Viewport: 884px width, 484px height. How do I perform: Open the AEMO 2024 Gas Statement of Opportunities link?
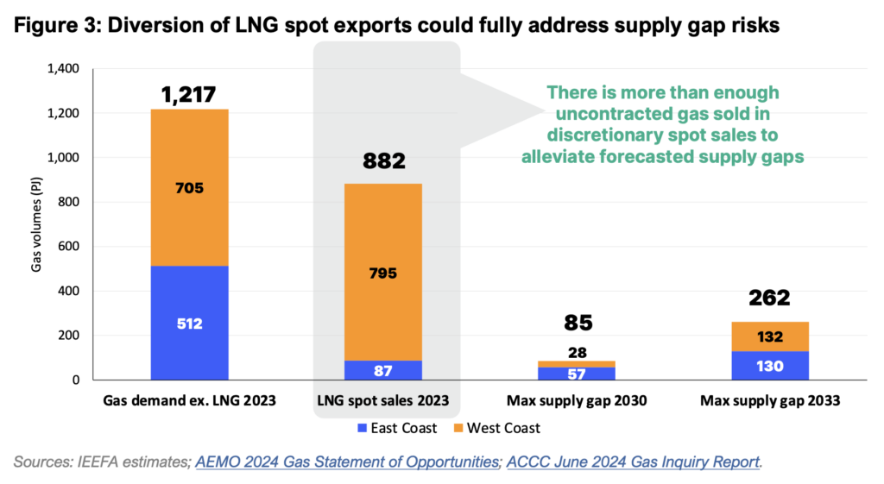[347, 462]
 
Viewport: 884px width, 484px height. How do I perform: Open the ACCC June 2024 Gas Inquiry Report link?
[633, 462]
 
